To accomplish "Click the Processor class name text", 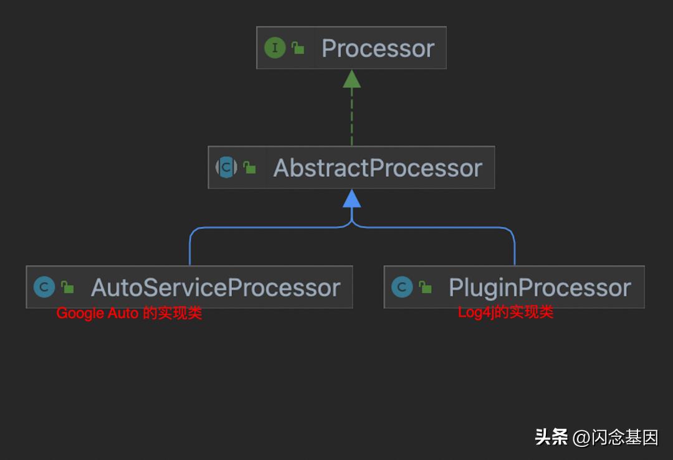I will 378,49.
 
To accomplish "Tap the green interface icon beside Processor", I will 275,48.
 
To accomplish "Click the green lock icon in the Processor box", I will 298,48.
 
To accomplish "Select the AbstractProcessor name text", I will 378,168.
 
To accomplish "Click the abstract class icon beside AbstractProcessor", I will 227,167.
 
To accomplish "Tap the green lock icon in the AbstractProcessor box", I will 249,167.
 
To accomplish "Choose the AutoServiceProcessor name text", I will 215,288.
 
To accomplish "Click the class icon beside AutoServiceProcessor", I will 44,287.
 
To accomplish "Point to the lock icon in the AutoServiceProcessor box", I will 67,287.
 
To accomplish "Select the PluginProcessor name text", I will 540,288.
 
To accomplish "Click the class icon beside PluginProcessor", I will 402,287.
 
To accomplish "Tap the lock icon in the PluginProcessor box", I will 425,287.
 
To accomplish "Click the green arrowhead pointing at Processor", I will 351,78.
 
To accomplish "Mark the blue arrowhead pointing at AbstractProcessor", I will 351,199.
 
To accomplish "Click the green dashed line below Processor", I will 351,118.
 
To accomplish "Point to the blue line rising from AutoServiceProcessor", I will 189,249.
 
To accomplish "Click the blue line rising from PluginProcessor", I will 515,249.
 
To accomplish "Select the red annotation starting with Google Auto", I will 129,314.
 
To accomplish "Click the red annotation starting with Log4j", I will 505,312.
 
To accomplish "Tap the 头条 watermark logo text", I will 551,437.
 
